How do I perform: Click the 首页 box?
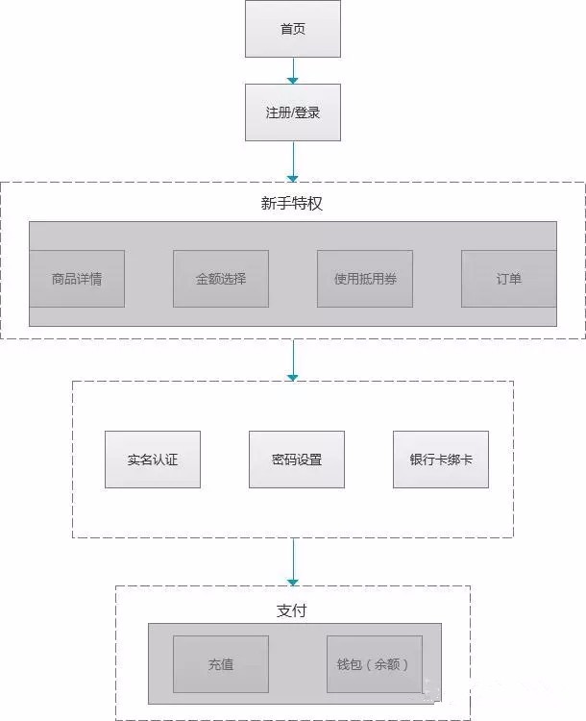(x=293, y=29)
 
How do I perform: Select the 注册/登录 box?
(x=293, y=112)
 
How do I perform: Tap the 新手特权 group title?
(x=292, y=203)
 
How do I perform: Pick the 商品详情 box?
(x=77, y=279)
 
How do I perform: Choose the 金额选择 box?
(x=221, y=279)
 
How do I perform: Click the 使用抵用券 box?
(x=365, y=279)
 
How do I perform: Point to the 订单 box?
(x=509, y=279)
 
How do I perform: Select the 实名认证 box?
(x=153, y=460)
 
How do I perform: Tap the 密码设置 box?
(x=297, y=460)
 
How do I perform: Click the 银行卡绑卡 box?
(x=441, y=460)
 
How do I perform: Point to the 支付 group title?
(x=291, y=610)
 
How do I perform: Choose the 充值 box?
(x=221, y=664)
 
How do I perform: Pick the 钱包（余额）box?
(x=375, y=664)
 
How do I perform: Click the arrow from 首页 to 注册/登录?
(x=293, y=71)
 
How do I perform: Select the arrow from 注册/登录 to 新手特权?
(x=293, y=162)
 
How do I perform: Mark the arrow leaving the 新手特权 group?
(x=293, y=360)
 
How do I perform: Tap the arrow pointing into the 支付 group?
(x=293, y=562)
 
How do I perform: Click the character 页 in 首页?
(x=299, y=29)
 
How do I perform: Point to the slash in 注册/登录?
(x=293, y=112)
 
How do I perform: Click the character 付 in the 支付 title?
(x=299, y=610)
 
